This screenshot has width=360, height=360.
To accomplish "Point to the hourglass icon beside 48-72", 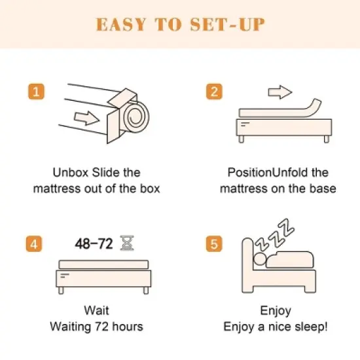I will (x=127, y=244).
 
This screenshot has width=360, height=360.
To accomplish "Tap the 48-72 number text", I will (x=93, y=245).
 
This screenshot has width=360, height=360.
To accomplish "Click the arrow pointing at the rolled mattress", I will (x=86, y=118).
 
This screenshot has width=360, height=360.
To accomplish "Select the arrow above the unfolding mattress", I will (x=280, y=92).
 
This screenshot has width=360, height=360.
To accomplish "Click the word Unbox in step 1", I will (x=69, y=173).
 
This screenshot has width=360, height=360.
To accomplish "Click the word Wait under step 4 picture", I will (x=96, y=310).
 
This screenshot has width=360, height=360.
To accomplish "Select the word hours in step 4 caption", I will (x=126, y=326).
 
